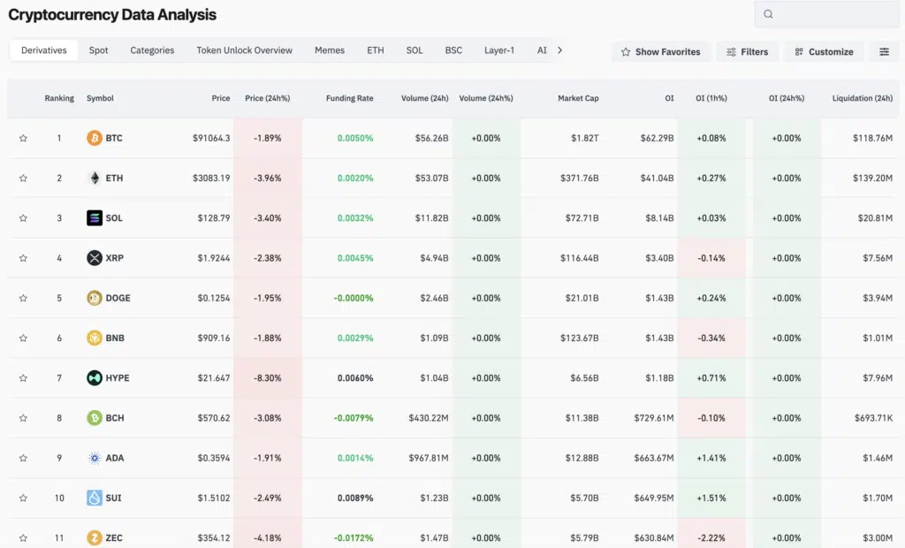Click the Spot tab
pos(98,50)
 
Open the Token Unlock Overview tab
pos(244,50)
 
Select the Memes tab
pos(330,50)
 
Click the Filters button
pos(747,52)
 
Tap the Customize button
pos(823,52)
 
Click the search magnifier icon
pos(768,14)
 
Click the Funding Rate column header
pos(349,98)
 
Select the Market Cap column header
pos(578,98)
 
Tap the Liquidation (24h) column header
pos(862,98)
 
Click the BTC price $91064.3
pos(211,138)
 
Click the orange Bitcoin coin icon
pos(95,138)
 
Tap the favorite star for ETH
pos(23,179)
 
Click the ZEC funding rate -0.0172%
pos(354,538)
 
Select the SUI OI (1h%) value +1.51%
pos(711,499)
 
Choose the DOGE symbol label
pos(118,298)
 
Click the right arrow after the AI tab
pos(559,50)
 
